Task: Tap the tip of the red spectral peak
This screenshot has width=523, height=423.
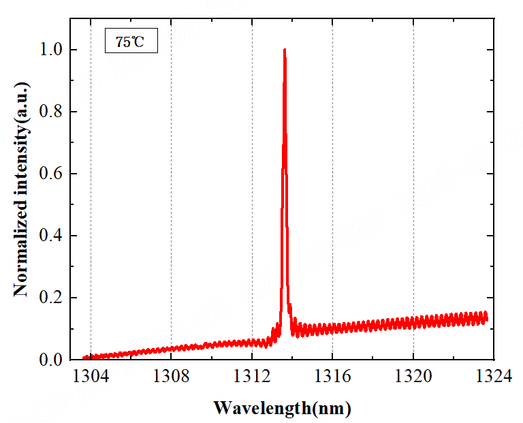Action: point(284,50)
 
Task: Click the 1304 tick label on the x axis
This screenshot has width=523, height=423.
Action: point(90,377)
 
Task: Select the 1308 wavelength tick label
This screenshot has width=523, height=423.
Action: point(171,377)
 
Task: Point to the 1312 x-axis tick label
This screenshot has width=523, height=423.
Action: point(252,377)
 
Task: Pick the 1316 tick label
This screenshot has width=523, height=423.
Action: point(332,377)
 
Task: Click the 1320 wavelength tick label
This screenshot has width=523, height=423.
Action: point(413,377)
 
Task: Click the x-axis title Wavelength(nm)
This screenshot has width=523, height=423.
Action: point(282,408)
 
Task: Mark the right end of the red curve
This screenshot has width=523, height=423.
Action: point(487,317)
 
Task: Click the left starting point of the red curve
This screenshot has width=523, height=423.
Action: point(84,358)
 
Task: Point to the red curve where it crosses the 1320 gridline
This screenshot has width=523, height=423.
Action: point(413,322)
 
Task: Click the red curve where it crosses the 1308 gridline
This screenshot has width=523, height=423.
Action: point(171,349)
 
